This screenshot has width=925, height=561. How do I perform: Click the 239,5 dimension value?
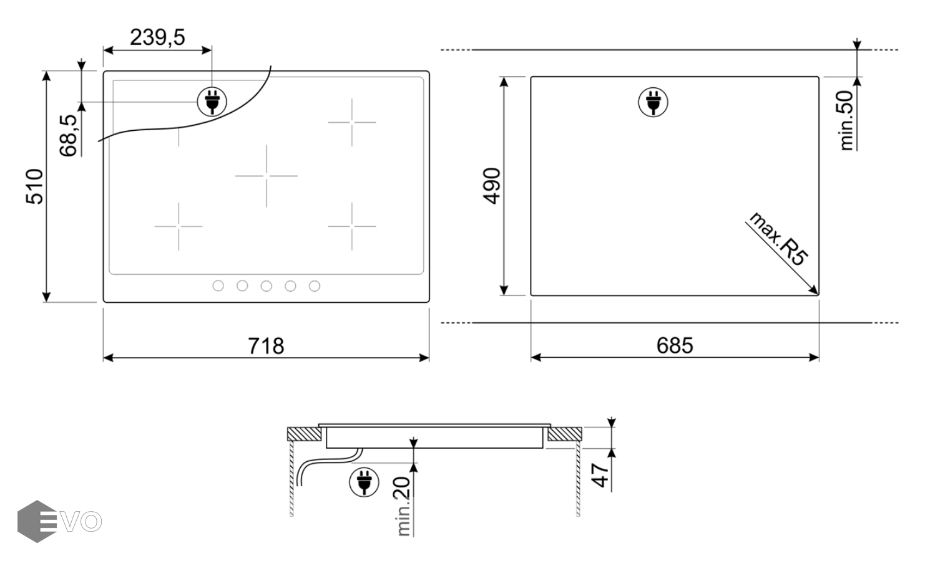pyautogui.click(x=157, y=37)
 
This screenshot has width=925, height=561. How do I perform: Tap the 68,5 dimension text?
pyautogui.click(x=68, y=135)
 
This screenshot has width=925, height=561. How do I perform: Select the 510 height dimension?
pyautogui.click(x=34, y=186)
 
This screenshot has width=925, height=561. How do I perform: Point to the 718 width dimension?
pyautogui.click(x=266, y=346)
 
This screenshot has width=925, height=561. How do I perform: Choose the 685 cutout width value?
pyautogui.click(x=675, y=346)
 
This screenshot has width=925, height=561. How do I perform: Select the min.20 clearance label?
pyautogui.click(x=403, y=507)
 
